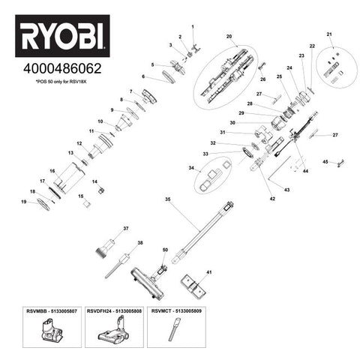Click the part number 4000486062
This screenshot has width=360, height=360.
click(x=61, y=68)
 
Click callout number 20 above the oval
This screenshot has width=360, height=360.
click(x=229, y=37)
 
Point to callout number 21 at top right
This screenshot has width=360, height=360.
click(x=329, y=34)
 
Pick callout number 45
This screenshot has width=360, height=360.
click(x=325, y=161)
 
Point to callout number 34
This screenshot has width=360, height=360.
click(x=192, y=168)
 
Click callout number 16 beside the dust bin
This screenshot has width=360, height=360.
click(x=52, y=171)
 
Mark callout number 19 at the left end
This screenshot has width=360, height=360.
click(x=23, y=202)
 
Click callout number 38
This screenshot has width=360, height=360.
click(x=139, y=243)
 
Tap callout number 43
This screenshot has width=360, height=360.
click(x=286, y=189)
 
